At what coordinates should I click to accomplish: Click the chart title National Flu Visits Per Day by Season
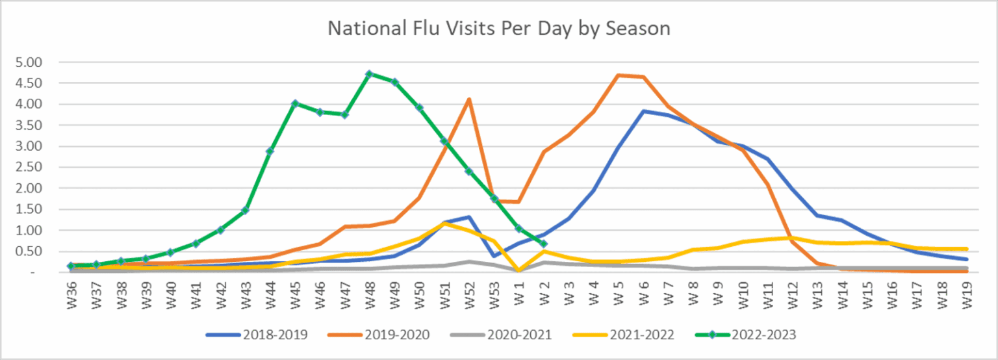(499, 29)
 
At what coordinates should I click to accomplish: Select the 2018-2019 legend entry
(257, 335)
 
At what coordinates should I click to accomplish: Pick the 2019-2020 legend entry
(379, 335)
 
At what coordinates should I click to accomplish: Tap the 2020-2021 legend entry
(501, 335)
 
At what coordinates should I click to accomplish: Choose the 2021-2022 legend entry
(623, 335)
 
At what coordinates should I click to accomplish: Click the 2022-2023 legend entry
(745, 335)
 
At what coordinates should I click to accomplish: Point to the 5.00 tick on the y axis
(29, 62)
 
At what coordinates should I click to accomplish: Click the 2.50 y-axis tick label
(29, 167)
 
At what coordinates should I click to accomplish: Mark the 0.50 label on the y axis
(29, 251)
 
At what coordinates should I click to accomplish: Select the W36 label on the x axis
(71, 295)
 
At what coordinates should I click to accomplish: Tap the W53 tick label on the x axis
(494, 295)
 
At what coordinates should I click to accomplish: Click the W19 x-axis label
(966, 295)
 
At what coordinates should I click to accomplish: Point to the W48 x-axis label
(370, 295)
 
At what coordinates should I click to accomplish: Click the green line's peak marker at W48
(369, 73)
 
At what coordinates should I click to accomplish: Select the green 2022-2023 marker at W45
(295, 103)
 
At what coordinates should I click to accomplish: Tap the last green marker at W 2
(544, 244)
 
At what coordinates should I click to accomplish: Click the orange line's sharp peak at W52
(469, 99)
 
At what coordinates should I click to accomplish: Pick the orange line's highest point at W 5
(618, 75)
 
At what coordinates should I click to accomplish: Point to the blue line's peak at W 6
(643, 111)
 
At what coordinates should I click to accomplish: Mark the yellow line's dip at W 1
(518, 270)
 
